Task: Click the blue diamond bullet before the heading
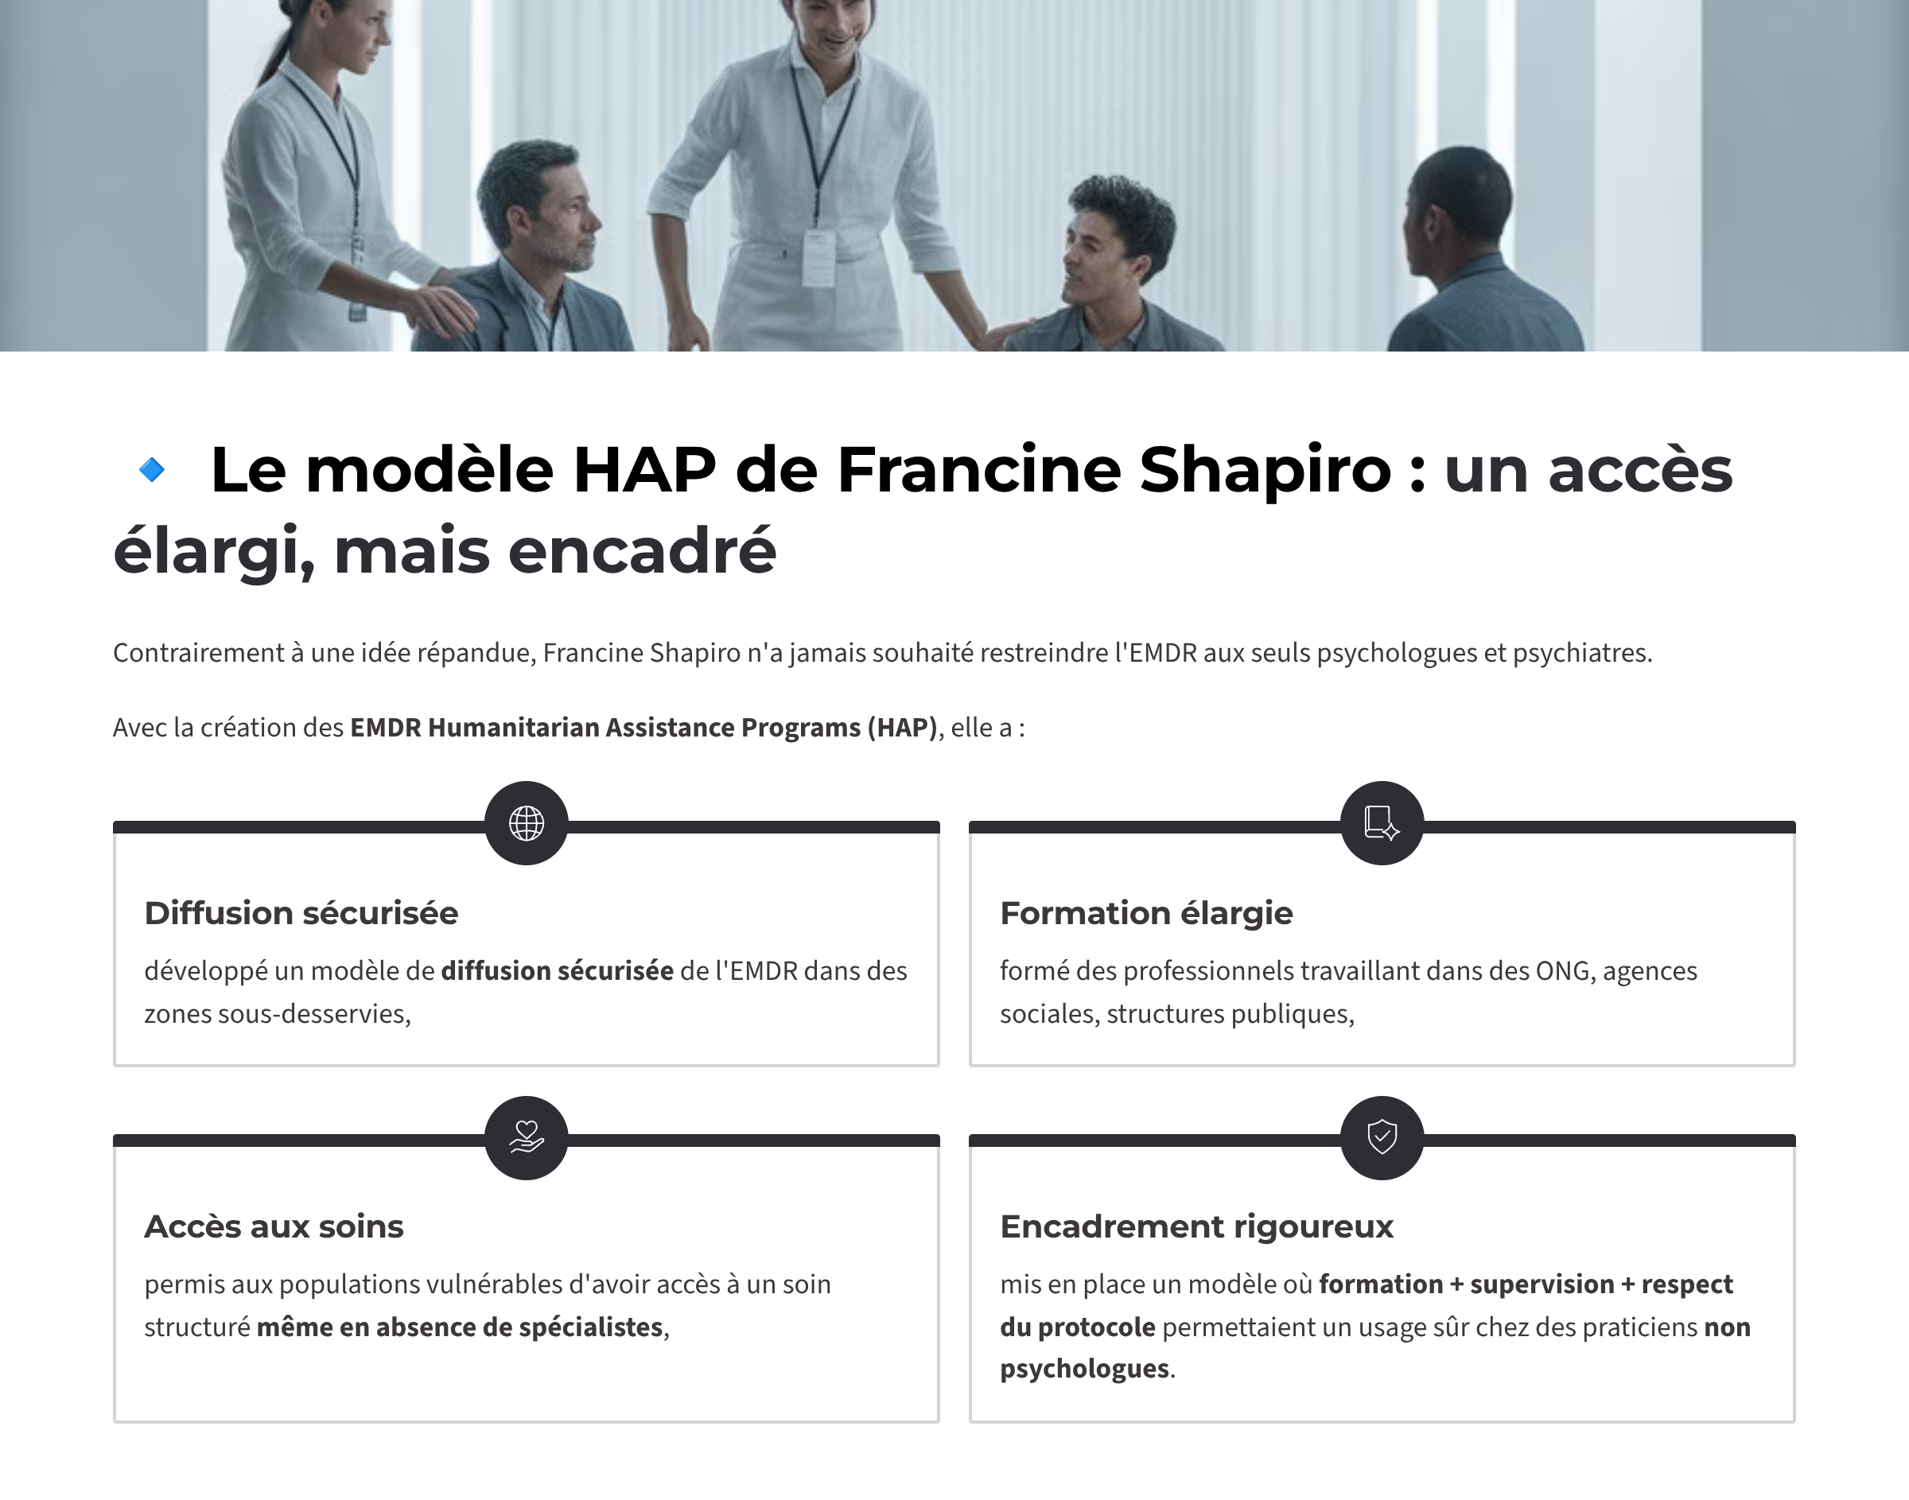(152, 470)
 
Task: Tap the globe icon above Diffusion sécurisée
(527, 823)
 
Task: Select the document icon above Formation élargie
(1382, 823)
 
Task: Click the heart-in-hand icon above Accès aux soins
(527, 1137)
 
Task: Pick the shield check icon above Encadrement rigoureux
(1382, 1137)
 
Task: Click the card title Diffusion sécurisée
(301, 913)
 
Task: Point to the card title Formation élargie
(1146, 913)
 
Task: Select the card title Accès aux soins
(274, 1227)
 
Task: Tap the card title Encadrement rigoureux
(1197, 1227)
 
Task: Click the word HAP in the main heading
(644, 470)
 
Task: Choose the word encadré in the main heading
(643, 551)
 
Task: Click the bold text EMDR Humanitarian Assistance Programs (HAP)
(644, 728)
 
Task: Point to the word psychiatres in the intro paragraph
(1581, 654)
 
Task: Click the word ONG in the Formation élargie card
(1565, 971)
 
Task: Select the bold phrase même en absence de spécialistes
(459, 1327)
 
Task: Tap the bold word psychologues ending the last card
(1084, 1369)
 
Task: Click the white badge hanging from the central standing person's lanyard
(818, 258)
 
